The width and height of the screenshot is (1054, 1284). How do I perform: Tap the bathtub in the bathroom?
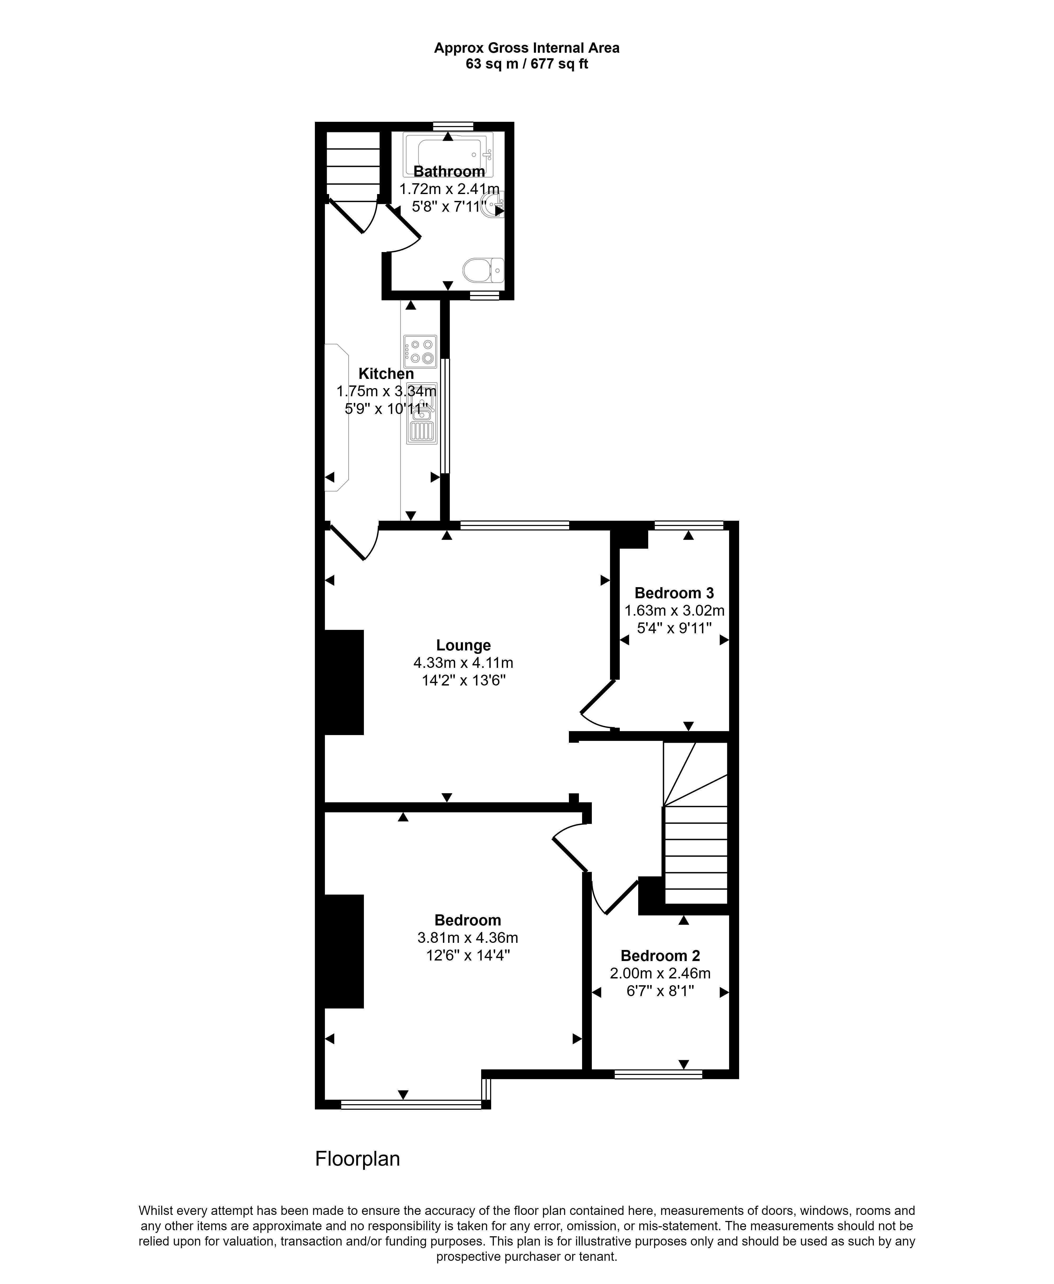pos(448,155)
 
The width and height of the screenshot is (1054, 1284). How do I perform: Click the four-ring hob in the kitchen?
pos(420,352)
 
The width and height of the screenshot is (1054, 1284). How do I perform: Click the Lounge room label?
pos(463,645)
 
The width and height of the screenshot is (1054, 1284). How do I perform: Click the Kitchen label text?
pos(386,374)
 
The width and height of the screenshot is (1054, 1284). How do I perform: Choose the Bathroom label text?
pos(449,172)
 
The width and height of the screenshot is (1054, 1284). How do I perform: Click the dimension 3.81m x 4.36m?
pos(467,937)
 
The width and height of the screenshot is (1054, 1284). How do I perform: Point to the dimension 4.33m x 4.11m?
pos(463,663)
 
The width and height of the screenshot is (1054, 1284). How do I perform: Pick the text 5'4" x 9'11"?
pos(674,628)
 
